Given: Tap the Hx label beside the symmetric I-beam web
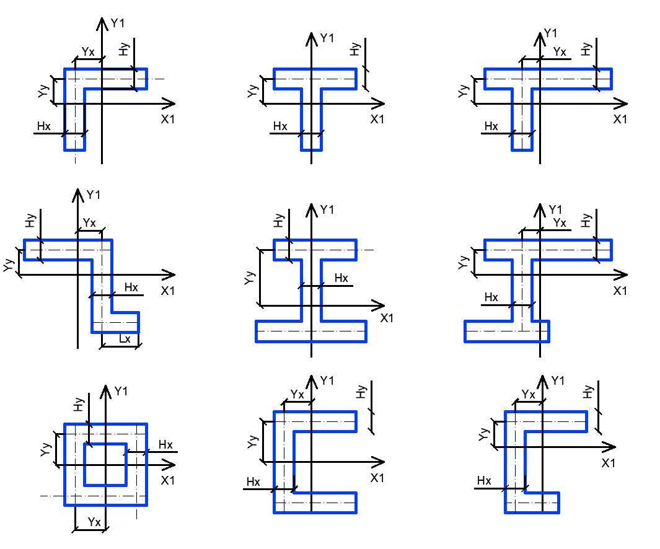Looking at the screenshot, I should pyautogui.click(x=341, y=278).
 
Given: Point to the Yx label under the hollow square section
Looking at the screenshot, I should pyautogui.click(x=94, y=522).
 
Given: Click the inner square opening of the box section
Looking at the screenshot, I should pyautogui.click(x=106, y=464).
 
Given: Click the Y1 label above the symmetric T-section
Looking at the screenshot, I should pyautogui.click(x=327, y=38).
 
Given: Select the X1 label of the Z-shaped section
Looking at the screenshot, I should pyautogui.click(x=167, y=291).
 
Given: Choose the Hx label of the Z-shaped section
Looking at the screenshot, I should pyautogui.click(x=131, y=288).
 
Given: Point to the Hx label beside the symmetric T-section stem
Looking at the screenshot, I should pyautogui.click(x=280, y=127).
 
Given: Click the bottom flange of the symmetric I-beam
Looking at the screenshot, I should pyautogui.click(x=311, y=332).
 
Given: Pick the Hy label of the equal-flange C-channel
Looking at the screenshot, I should pyautogui.click(x=362, y=392).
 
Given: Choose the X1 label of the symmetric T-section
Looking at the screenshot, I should pyautogui.click(x=377, y=119).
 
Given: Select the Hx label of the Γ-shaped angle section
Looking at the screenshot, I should pyautogui.click(x=43, y=127).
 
